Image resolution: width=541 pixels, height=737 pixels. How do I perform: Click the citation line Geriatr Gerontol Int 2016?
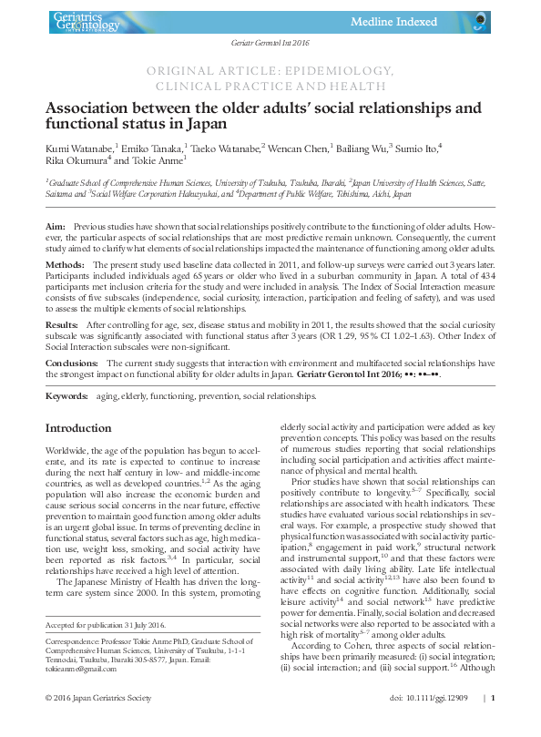pyautogui.click(x=270, y=44)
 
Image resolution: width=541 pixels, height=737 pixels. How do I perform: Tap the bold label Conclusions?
pyautogui.click(x=73, y=363)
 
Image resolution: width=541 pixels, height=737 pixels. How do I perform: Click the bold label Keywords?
pyautogui.click(x=67, y=397)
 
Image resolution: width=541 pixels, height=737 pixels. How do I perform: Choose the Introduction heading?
pyautogui.click(x=78, y=428)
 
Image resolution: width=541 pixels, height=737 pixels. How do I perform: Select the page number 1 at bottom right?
pyautogui.click(x=493, y=722)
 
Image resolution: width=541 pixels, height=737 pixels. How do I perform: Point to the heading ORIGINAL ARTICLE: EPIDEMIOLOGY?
pyautogui.click(x=270, y=70)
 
